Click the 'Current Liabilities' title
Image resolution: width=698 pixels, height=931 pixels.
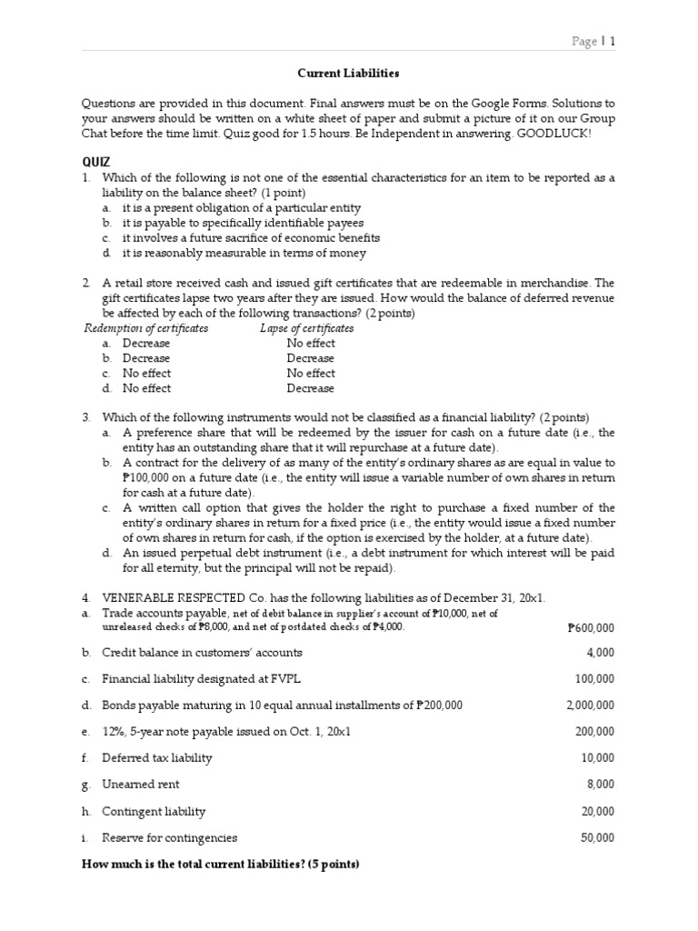349,72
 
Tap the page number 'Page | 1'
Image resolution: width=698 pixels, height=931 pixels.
593,41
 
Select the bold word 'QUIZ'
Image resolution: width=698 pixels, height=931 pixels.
95,162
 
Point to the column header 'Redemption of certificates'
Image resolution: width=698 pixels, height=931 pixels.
146,328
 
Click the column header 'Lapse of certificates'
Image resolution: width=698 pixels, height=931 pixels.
306,328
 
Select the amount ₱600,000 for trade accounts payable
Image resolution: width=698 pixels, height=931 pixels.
590,627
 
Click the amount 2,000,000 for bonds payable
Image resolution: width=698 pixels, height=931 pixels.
590,705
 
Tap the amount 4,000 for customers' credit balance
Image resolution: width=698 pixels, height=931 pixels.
600,652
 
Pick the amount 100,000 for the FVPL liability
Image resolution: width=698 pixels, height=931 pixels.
594,678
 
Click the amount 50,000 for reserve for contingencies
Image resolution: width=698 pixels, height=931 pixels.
597,837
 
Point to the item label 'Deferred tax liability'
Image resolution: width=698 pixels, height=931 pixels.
157,757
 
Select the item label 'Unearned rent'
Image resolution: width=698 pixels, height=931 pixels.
141,784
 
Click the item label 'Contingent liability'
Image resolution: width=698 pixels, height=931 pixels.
154,811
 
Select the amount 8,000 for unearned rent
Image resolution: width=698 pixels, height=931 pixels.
600,784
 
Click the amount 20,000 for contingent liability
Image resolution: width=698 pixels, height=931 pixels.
597,811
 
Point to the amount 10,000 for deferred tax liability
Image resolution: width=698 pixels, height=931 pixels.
597,757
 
